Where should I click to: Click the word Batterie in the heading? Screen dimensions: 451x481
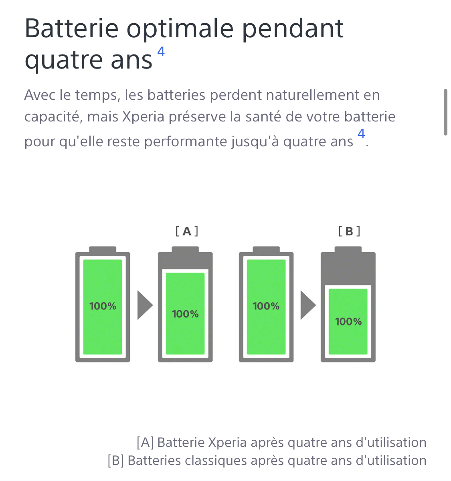tap(71, 28)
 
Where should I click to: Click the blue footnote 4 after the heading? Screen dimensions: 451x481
tap(161, 51)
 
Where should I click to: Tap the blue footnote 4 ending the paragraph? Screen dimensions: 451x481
tap(361, 133)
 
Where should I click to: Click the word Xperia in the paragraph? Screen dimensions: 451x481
tap(143, 117)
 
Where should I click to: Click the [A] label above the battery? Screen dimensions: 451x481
tap(186, 231)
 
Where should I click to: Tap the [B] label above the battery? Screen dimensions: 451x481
tap(349, 231)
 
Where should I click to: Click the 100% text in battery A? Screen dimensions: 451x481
tap(185, 314)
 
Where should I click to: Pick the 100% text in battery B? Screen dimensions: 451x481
tap(348, 321)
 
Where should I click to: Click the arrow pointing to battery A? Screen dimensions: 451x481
tap(144, 305)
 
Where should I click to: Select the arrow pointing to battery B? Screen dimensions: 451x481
tap(308, 305)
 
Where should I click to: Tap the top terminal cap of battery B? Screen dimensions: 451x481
tap(348, 249)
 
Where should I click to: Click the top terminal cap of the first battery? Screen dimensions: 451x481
tap(103, 249)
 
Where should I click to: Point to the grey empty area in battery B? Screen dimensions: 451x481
tap(348, 269)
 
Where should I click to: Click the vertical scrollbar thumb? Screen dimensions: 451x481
tap(445, 112)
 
